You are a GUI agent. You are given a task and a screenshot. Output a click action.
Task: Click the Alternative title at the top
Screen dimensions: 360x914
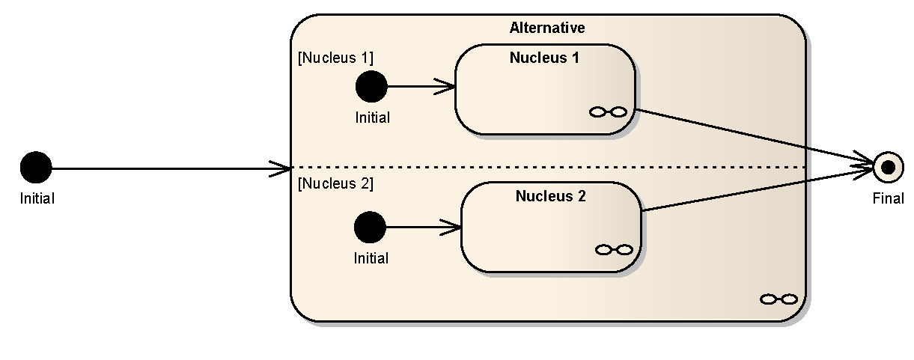click(547, 28)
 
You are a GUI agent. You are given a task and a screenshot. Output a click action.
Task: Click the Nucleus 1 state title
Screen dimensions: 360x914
click(544, 57)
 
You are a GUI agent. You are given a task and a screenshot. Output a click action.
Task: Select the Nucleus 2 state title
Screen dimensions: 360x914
click(550, 196)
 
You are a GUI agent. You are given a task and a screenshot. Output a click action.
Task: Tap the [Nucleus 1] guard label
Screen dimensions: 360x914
click(335, 58)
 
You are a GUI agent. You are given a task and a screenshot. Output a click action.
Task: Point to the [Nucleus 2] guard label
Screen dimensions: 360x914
click(335, 183)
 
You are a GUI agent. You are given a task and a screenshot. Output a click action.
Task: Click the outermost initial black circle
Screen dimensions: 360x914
click(36, 167)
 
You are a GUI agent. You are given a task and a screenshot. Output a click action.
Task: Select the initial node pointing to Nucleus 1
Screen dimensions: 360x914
click(371, 86)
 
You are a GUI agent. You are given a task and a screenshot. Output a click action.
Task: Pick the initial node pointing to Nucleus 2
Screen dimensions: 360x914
click(370, 227)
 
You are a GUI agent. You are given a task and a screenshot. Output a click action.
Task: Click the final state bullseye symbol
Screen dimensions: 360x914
click(888, 167)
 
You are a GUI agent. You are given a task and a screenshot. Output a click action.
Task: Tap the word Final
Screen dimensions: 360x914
click(888, 198)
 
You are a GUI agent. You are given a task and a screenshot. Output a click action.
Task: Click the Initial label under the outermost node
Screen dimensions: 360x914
click(37, 198)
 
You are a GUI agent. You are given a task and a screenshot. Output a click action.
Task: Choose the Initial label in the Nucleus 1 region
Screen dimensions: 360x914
click(373, 118)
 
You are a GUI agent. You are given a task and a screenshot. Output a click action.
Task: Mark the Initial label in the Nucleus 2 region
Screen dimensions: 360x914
click(371, 258)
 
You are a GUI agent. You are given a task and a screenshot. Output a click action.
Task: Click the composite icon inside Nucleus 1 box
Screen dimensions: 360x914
click(608, 112)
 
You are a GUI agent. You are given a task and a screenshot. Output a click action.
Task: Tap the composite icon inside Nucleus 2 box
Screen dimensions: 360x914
click(614, 249)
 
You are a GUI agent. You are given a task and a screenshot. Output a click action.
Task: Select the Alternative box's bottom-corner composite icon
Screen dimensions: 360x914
click(779, 299)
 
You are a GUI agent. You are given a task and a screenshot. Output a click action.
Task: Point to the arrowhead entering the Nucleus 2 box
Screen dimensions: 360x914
click(454, 227)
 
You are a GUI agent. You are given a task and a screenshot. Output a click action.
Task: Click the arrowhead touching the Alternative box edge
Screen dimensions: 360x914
click(283, 168)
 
